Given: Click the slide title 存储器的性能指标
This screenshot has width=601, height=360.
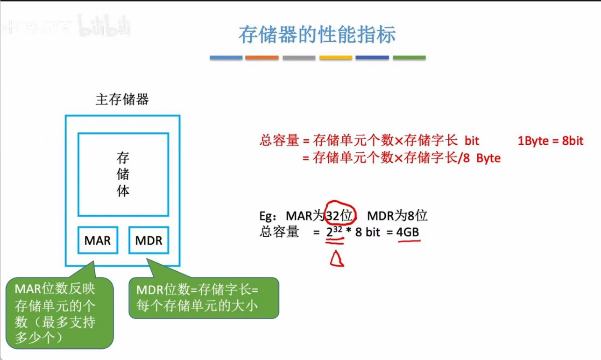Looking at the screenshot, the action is pos(317,35).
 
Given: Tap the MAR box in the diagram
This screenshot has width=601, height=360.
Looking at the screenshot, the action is pos(98,240).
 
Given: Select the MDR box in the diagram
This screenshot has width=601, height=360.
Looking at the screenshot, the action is pos(148,240).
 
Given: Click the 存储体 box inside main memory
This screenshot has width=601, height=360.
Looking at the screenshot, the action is pos(123,174).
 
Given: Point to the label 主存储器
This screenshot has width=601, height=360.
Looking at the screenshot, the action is pos(122,99).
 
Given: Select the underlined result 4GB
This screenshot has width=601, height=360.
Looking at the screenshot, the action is pos(408,232).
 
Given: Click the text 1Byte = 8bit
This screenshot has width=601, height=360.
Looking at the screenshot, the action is pos(551,141).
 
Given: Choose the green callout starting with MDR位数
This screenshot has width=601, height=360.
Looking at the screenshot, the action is pos(204,298).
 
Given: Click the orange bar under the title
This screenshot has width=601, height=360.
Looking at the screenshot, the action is pos(262,58).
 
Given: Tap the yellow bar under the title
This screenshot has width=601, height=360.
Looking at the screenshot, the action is pos(335,58).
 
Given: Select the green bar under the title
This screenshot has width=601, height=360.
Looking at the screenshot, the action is pos(409,58).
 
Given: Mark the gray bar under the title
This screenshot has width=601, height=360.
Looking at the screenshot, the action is pos(299,58).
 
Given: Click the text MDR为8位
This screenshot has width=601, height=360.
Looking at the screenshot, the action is pos(397,216).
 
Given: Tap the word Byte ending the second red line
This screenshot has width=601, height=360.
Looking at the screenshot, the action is pos(488,158).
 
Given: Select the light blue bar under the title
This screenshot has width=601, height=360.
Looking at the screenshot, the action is pos(226,58).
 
